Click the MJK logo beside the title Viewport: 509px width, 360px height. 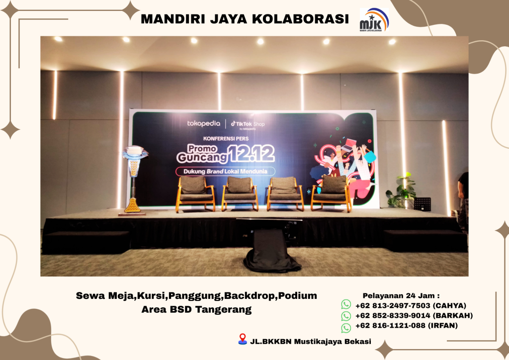pyautogui.click(x=374, y=20)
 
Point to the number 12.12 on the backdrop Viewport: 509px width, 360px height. pyautogui.click(x=252, y=154)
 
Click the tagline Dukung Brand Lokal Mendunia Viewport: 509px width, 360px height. pyautogui.click(x=225, y=171)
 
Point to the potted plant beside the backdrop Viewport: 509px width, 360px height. pyautogui.click(x=402, y=191)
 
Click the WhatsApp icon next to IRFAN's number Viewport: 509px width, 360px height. pyautogui.click(x=346, y=327)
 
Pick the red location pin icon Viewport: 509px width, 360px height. pyautogui.click(x=243, y=339)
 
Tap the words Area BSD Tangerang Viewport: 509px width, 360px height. pyautogui.click(x=196, y=309)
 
